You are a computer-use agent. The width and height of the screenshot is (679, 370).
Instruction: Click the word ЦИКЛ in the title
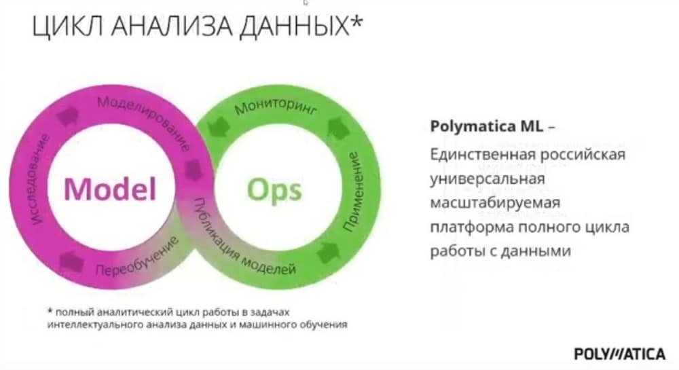coord(67,26)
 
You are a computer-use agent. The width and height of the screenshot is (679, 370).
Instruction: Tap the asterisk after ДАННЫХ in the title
coord(356,21)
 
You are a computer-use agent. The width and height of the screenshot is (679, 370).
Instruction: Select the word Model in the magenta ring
coord(110,189)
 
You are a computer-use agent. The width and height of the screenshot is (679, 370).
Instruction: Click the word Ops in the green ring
coord(274,190)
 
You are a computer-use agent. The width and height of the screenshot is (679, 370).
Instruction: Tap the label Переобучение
coord(137,257)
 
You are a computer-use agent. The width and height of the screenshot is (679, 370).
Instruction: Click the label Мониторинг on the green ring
coord(276,107)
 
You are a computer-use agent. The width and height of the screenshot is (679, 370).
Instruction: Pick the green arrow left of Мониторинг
coord(219,127)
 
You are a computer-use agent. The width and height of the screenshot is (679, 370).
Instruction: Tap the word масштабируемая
coord(495,202)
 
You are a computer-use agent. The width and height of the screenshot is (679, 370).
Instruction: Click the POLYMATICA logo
coord(619,354)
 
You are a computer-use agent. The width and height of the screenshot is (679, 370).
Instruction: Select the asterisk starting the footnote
coord(50,311)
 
